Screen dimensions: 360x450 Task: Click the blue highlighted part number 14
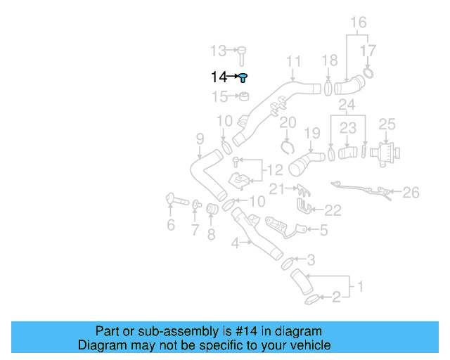point(243,77)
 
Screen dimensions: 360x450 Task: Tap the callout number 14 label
point(219,77)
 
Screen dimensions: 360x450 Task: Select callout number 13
point(219,51)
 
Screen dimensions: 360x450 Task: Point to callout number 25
point(387,124)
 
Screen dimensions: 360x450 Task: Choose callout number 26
point(411,191)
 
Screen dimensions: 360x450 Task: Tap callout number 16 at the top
point(359,22)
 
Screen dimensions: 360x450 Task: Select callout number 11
point(293,60)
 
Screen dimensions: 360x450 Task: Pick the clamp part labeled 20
point(287,146)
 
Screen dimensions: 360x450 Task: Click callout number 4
point(237,243)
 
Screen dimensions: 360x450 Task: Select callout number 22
point(333,209)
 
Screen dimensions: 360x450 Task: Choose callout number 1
point(359,286)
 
